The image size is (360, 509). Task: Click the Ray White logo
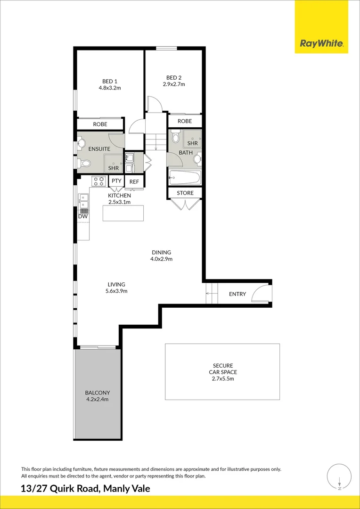tap(321, 44)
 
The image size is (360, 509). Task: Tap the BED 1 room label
tap(110, 81)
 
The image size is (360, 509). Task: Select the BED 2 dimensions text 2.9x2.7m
tap(174, 84)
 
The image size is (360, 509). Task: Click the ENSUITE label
tap(99, 149)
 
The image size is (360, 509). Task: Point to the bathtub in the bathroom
tap(185, 178)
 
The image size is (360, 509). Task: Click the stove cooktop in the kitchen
tap(99, 181)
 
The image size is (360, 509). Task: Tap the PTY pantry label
tap(116, 181)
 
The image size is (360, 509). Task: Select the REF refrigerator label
tap(134, 181)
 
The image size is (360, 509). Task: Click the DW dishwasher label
tap(83, 216)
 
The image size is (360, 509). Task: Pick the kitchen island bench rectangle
tap(123, 213)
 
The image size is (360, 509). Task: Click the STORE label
tap(185, 193)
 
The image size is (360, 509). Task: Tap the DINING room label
tap(161, 252)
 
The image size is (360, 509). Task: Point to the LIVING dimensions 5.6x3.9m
tap(116, 291)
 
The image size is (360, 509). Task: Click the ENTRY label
tap(237, 294)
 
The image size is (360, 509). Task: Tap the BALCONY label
tap(98, 393)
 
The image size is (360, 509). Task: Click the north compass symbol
tap(339, 476)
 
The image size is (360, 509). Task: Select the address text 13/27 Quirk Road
tap(59, 489)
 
